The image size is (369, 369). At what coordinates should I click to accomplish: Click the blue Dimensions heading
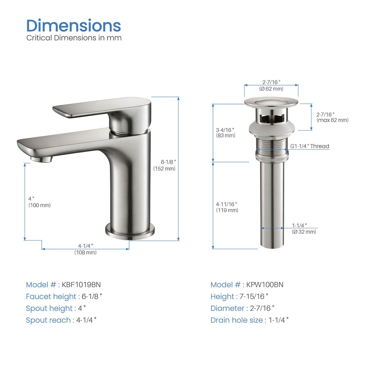coord(74,26)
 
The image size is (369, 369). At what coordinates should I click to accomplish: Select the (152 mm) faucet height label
coord(164,169)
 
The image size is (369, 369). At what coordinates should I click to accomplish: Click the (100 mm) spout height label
coord(40,205)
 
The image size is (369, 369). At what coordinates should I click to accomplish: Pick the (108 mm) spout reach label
coord(85,252)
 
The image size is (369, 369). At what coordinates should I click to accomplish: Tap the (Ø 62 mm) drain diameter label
coord(271,89)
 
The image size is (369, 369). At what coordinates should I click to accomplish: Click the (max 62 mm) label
coord(332,120)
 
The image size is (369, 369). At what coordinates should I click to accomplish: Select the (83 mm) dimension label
coord(225,135)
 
